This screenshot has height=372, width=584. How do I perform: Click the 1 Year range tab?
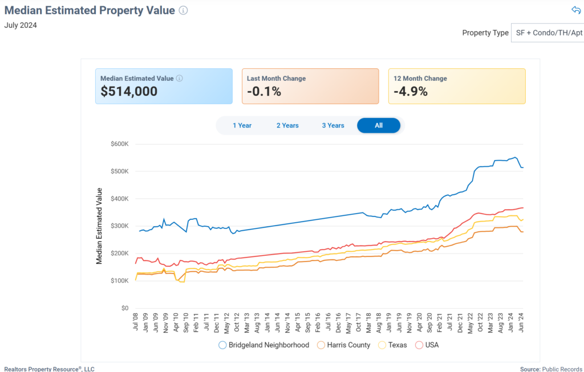click(242, 125)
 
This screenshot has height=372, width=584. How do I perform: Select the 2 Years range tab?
click(287, 125)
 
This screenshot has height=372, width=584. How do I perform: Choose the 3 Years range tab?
click(333, 125)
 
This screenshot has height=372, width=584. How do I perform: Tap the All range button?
click(379, 125)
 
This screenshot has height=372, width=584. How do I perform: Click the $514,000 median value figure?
click(129, 91)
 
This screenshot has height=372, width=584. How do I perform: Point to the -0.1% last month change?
click(264, 91)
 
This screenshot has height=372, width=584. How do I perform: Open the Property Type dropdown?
click(547, 33)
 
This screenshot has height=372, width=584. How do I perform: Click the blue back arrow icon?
click(575, 10)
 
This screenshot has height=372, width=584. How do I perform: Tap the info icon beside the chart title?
click(183, 10)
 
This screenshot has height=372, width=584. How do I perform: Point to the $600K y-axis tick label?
click(120, 144)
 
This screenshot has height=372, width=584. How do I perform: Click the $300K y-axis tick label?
click(120, 226)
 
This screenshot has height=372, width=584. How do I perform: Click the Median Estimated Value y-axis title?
click(99, 226)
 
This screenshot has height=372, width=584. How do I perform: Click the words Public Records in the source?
click(562, 369)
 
